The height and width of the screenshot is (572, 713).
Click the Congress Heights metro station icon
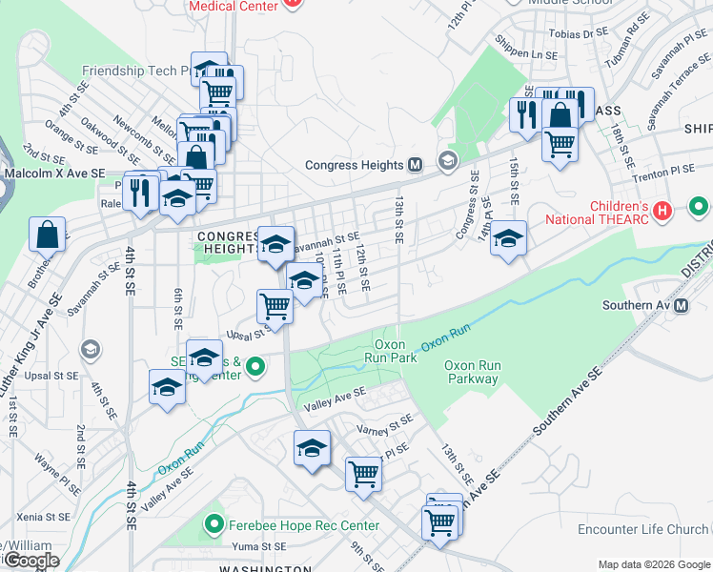(x=415, y=165)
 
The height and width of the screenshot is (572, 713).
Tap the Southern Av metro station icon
(x=682, y=306)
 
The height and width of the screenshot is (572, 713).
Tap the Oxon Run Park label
(x=391, y=351)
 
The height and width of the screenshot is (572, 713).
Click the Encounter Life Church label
(x=642, y=530)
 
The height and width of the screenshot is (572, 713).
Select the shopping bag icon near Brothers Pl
(x=47, y=234)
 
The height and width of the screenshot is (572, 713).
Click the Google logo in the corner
(x=31, y=561)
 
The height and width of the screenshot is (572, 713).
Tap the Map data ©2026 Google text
(x=653, y=564)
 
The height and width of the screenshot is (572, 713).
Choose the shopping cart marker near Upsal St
(x=275, y=305)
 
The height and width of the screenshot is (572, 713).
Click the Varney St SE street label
(x=385, y=425)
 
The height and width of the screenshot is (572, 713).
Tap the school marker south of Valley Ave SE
(x=312, y=448)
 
